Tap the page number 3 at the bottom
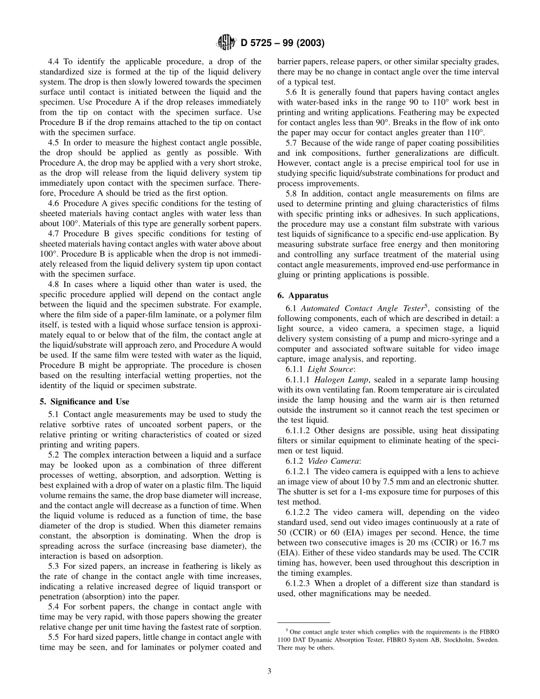tap(269, 671)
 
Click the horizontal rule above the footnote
tap(304, 623)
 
